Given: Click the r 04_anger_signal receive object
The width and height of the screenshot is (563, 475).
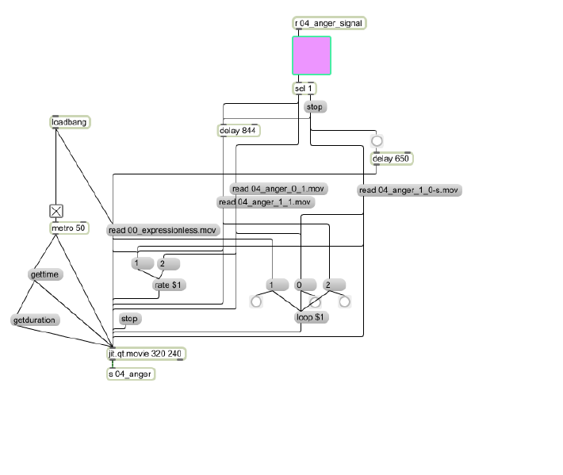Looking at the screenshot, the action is click(x=329, y=23).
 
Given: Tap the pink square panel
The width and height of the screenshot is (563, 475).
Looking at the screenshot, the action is click(x=312, y=56).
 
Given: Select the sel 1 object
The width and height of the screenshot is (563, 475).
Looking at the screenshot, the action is click(x=304, y=88).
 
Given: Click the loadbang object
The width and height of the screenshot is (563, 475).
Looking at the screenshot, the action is click(x=70, y=122).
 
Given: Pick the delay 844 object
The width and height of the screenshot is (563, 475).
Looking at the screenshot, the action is click(x=239, y=130).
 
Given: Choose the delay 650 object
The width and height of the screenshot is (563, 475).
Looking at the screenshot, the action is click(x=392, y=159).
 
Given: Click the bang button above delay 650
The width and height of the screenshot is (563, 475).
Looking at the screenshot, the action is click(x=377, y=140).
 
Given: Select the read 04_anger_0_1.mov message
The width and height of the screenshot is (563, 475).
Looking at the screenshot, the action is click(x=278, y=189).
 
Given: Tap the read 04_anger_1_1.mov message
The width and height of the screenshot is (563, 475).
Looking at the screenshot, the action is click(x=266, y=202).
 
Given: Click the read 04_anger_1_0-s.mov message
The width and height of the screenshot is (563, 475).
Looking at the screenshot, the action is click(x=409, y=190).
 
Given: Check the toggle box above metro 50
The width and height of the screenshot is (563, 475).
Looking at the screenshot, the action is click(x=56, y=211).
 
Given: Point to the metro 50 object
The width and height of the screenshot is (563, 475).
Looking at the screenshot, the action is click(x=69, y=228).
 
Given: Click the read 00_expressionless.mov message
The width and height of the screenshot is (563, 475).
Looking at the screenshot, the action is click(x=163, y=230).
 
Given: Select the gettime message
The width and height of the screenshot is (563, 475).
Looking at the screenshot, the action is click(x=45, y=274).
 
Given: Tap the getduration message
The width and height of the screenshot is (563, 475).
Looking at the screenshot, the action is click(x=35, y=320).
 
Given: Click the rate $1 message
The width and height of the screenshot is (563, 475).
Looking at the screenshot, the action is click(x=169, y=285).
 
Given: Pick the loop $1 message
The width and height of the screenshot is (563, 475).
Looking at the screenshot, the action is click(x=311, y=317).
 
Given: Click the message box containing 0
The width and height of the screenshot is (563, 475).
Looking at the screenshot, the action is click(x=305, y=285).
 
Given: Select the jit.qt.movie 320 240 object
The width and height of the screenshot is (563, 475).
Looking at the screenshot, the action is click(x=147, y=354).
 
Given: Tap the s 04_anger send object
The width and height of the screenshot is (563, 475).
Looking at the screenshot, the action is click(x=131, y=374).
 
